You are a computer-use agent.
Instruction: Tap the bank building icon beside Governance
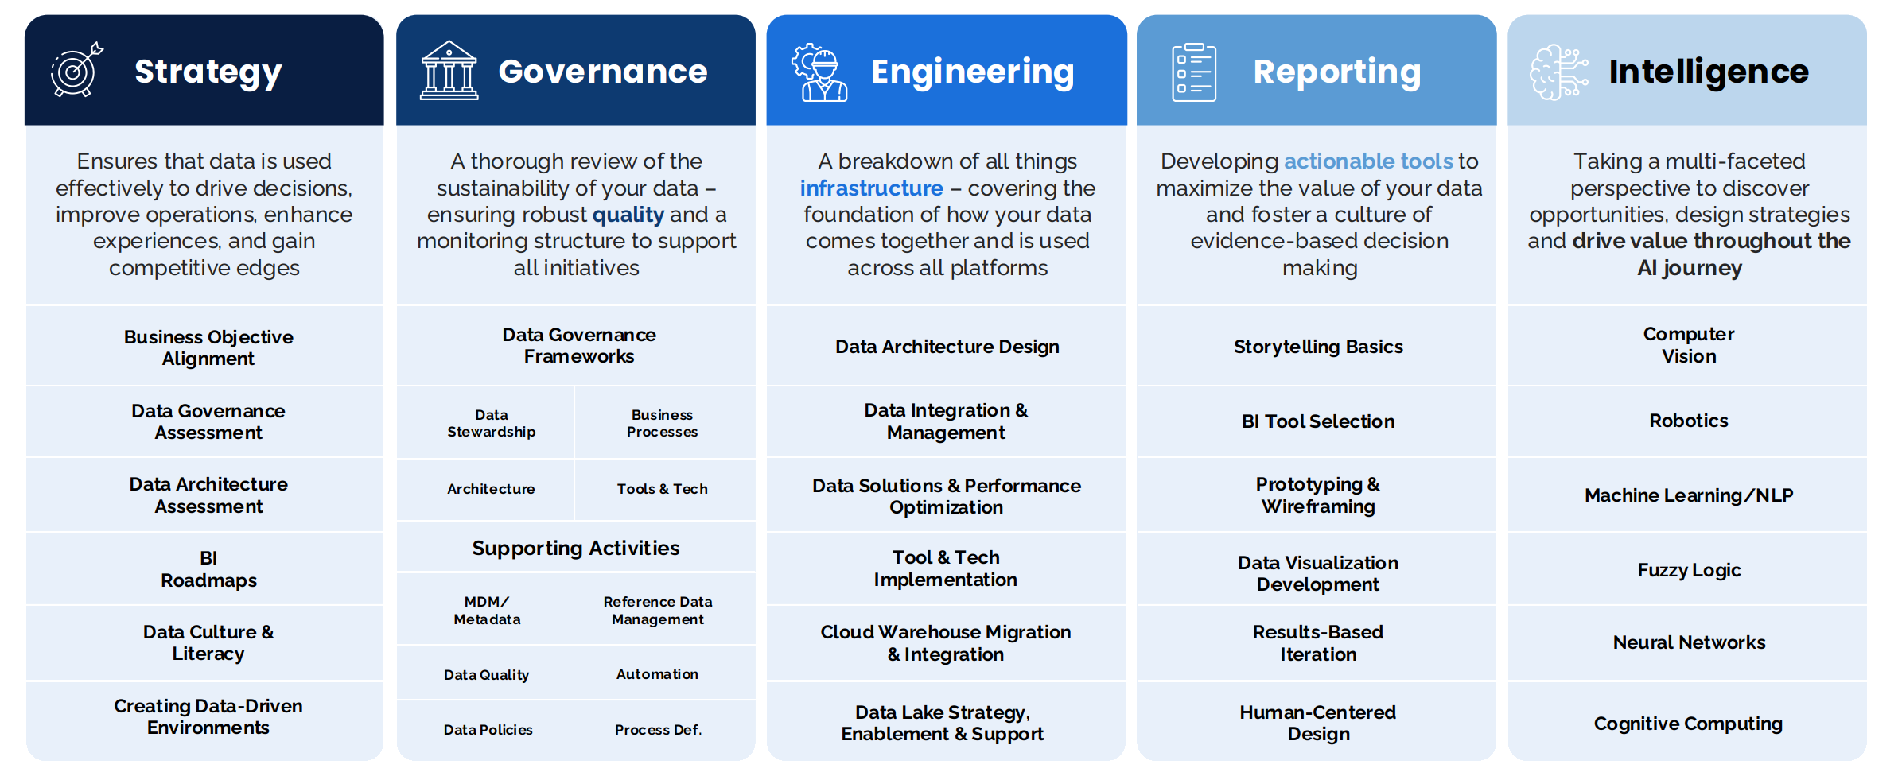(449, 71)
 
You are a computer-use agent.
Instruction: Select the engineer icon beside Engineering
(819, 72)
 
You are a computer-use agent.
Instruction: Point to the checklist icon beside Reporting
(1193, 72)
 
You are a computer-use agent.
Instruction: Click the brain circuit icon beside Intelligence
(1558, 72)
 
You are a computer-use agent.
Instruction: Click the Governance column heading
(602, 72)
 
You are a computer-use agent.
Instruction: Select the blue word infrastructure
(871, 188)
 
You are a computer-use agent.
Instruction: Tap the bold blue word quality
(628, 215)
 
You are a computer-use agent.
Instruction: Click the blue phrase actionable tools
(1368, 161)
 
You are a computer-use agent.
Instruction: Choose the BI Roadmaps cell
(208, 569)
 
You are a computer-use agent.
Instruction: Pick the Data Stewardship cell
(491, 423)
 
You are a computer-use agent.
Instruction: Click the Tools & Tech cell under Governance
(662, 489)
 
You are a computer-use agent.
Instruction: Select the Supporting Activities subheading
(575, 548)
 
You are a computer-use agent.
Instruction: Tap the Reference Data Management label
(657, 611)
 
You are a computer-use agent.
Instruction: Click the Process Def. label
(658, 730)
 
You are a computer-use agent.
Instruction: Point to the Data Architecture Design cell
(947, 347)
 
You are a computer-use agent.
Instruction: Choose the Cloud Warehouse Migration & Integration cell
(946, 643)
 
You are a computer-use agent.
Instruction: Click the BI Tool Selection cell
(1317, 421)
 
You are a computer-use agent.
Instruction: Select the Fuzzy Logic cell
(1689, 570)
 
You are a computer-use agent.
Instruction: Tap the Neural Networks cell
(1689, 642)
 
